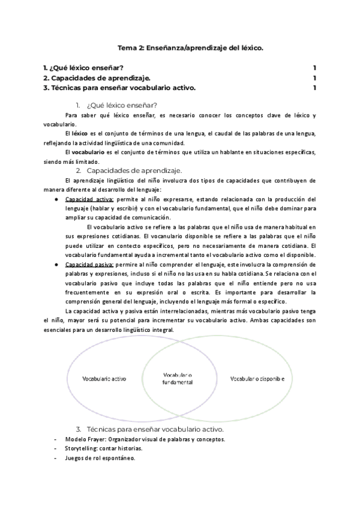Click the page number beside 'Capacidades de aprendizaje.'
pos(315,78)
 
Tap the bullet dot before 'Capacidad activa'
pos(55,199)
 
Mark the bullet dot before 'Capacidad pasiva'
pos(55,264)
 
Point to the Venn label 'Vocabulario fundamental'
pos(178,378)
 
